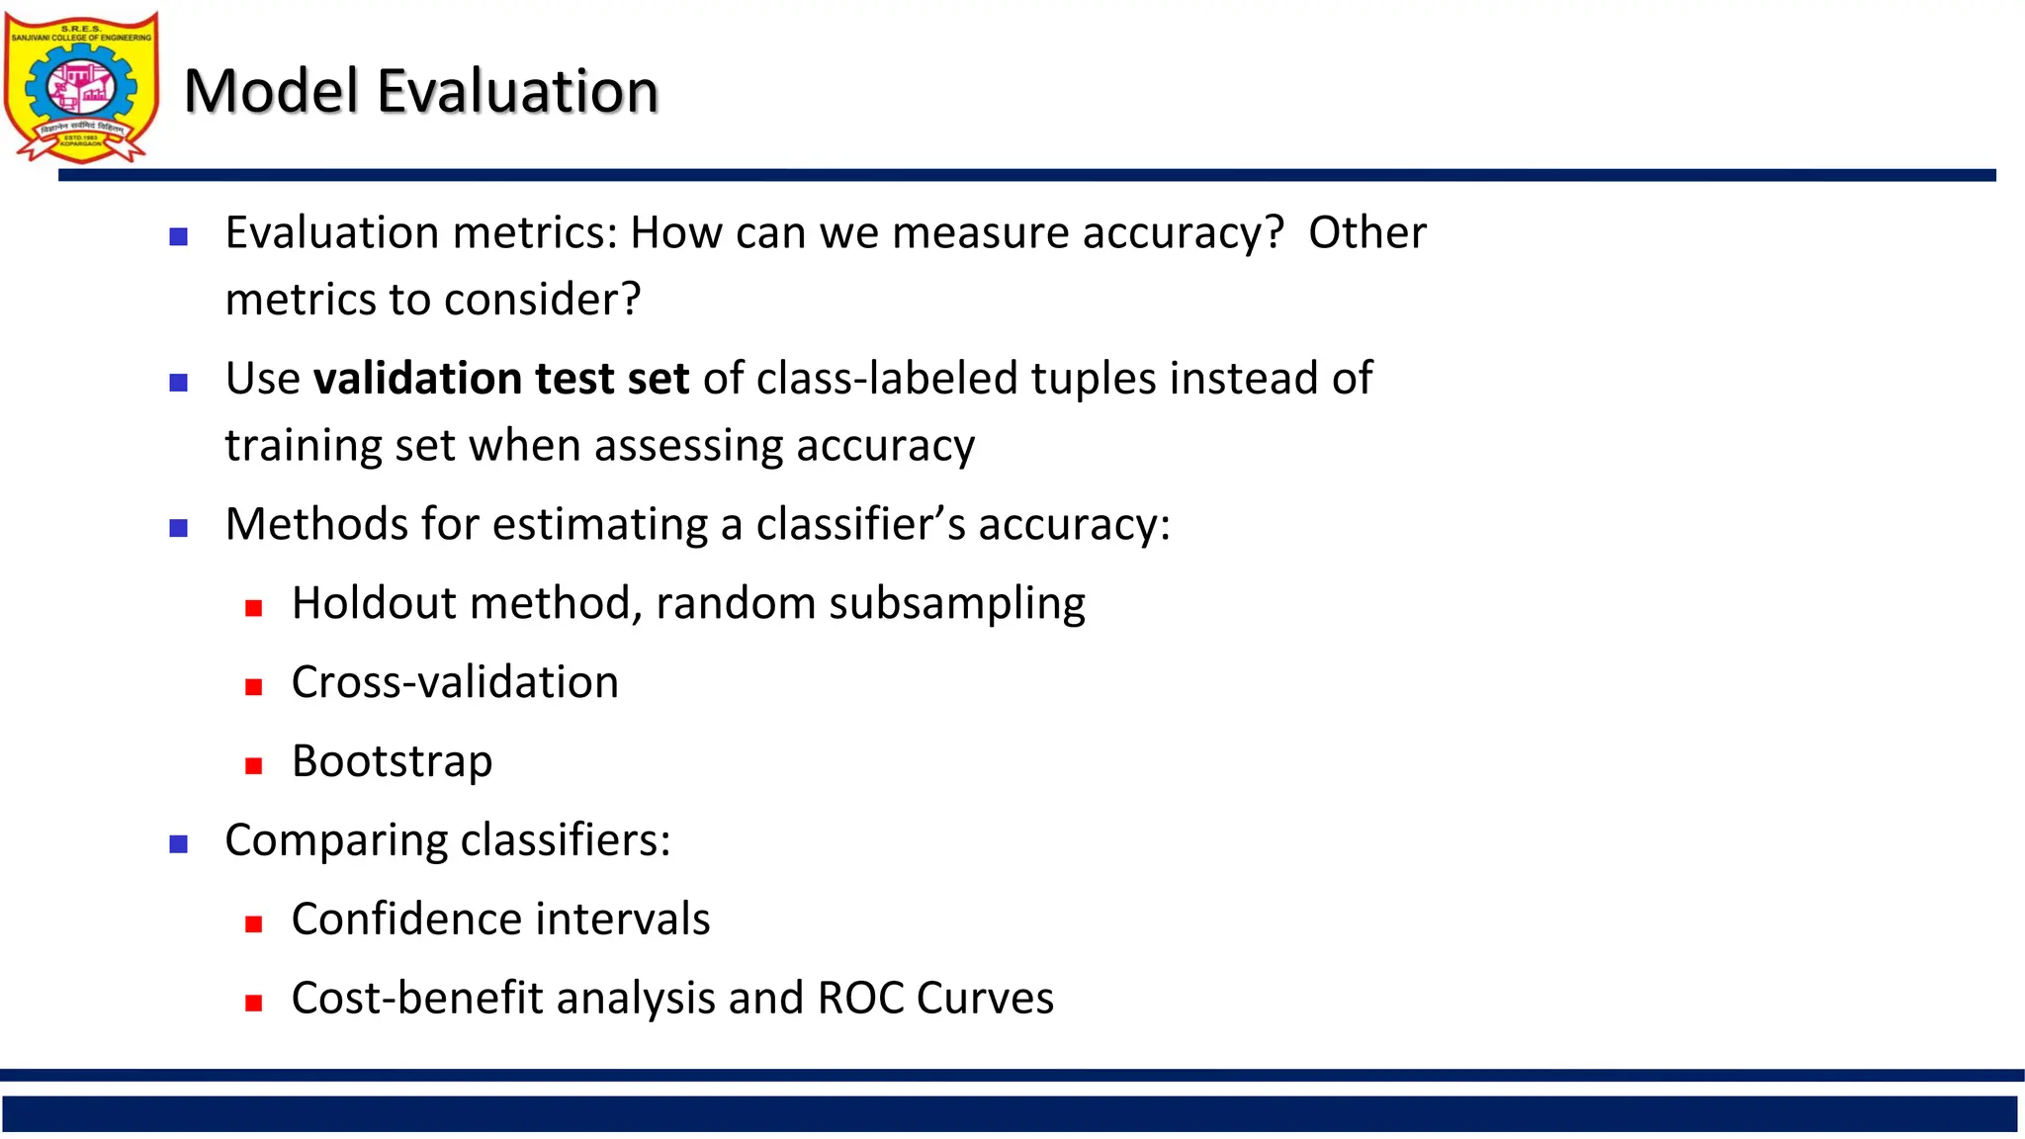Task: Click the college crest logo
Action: [81, 87]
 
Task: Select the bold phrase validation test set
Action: [500, 379]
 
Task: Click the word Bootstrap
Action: [392, 761]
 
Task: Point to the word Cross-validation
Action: [455, 682]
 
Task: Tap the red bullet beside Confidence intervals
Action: [254, 924]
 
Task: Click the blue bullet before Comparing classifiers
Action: [179, 844]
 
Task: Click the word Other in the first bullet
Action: [1366, 233]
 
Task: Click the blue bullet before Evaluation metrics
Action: [179, 237]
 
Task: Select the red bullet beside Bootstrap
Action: [254, 766]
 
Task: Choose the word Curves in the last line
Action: [985, 998]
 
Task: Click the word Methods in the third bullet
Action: [316, 524]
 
